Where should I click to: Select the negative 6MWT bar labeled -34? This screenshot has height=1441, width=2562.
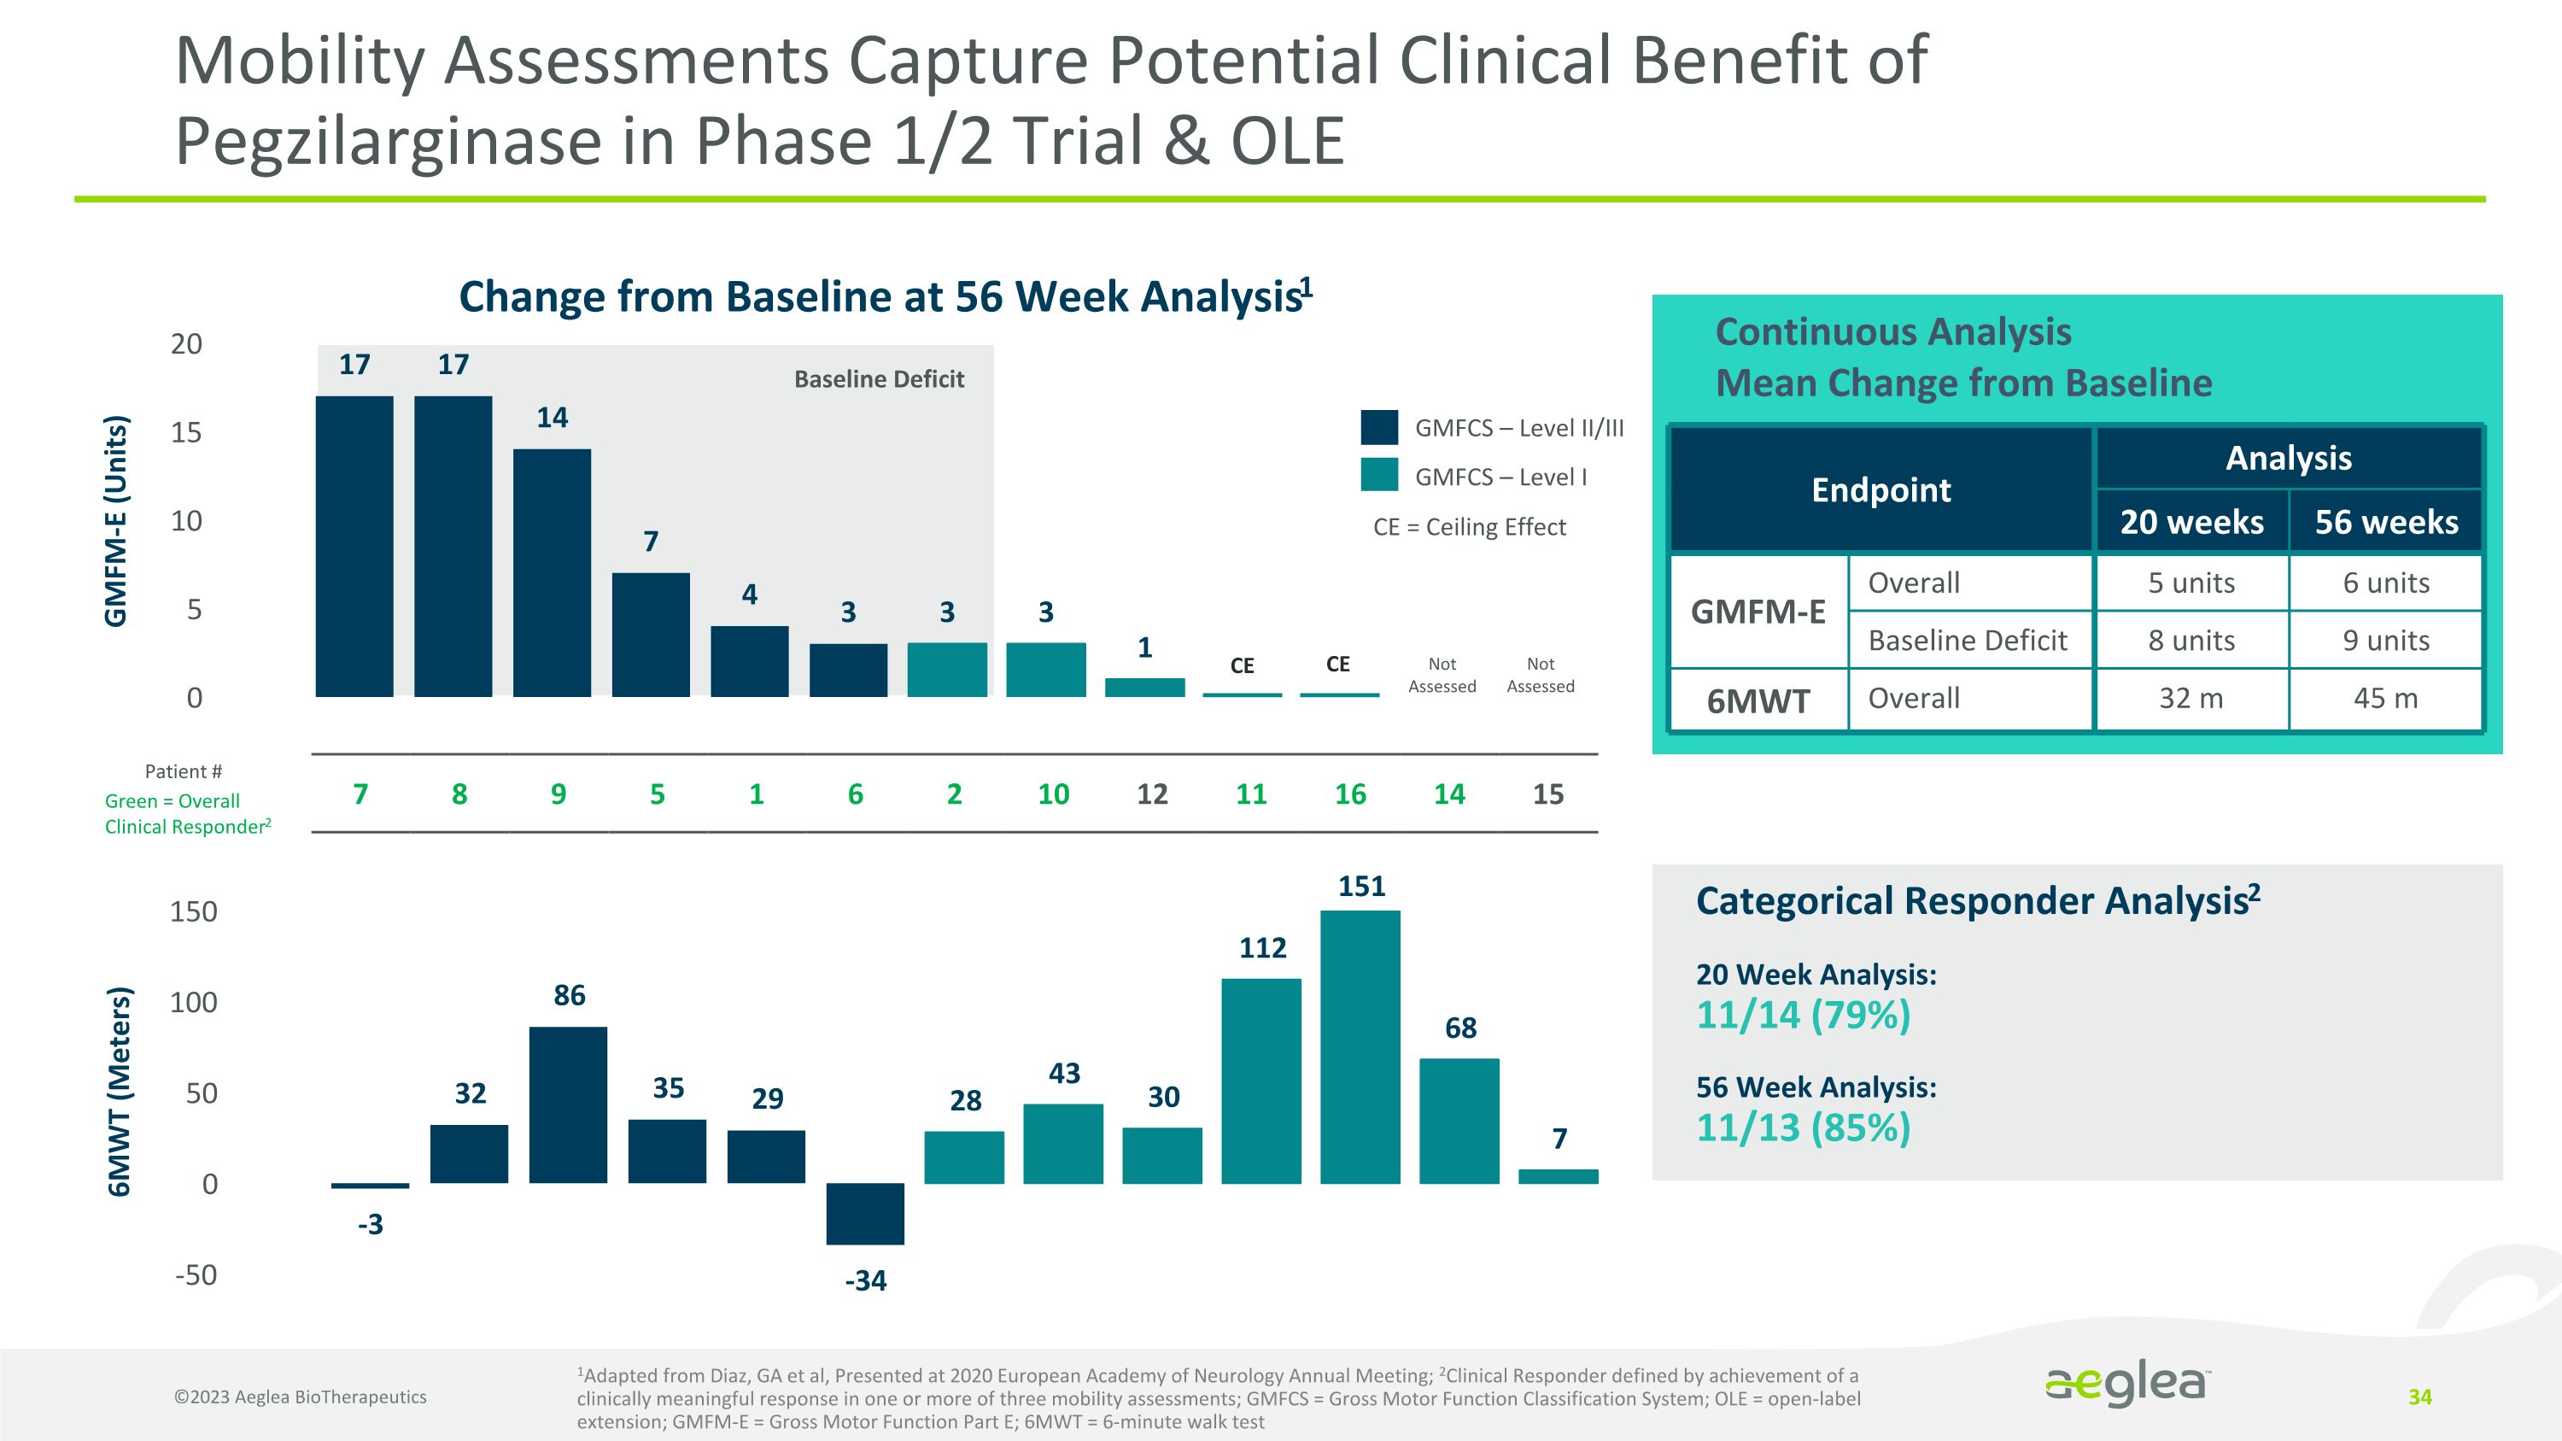click(864, 1213)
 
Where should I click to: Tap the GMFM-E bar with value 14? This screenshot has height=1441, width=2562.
click(552, 573)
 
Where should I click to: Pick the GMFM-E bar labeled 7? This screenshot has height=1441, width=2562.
click(651, 635)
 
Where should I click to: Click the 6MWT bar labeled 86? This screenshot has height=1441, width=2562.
click(568, 1104)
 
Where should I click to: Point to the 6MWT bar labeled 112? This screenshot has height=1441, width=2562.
click(1261, 1081)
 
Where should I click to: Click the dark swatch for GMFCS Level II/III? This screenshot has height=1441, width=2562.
click(1379, 428)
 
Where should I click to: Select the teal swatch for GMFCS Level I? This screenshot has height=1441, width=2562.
click(1379, 476)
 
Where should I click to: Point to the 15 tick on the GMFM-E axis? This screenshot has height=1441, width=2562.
click(186, 432)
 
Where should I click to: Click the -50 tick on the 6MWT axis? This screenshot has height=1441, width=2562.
click(195, 1275)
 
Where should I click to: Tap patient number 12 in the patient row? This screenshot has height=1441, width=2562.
click(1152, 794)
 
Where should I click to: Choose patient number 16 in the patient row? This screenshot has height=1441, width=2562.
click(1349, 794)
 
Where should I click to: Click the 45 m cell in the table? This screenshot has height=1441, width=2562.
click(2385, 698)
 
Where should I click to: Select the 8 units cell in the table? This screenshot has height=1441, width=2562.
click(2191, 641)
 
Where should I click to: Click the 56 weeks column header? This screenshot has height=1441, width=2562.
click(2385, 522)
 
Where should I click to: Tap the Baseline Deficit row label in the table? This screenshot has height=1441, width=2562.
click(1968, 641)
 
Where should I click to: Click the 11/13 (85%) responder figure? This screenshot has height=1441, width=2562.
click(1803, 1128)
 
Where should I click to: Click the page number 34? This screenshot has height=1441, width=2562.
click(2419, 1397)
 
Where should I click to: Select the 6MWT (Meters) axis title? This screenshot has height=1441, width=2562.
click(120, 1091)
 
